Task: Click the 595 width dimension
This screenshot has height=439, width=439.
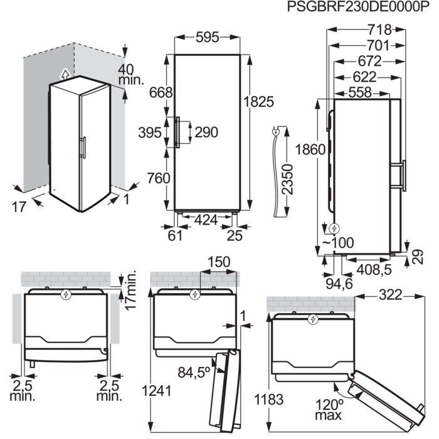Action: (206, 38)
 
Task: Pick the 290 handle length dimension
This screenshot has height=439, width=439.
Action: (206, 132)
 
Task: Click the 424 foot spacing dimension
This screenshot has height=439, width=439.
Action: (207, 219)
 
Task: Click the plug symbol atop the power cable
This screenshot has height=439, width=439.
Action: (275, 132)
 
